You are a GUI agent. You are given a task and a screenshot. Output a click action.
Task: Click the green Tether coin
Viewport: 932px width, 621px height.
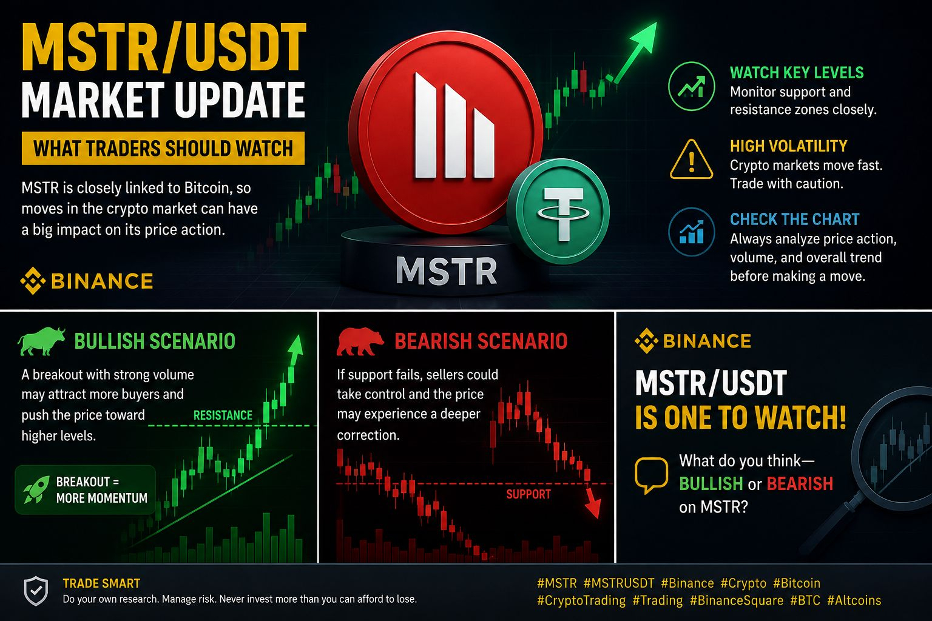coord(558,211)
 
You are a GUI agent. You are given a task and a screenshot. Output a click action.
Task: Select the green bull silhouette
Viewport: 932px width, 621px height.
coord(41,341)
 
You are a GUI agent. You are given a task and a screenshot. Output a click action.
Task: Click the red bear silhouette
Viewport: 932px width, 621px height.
coord(359,341)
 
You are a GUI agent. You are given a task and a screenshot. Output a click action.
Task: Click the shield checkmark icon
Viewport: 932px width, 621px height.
coord(36,591)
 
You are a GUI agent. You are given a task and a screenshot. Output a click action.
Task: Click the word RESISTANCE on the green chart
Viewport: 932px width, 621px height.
coord(223,415)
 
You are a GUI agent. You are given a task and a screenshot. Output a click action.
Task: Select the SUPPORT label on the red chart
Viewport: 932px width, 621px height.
coord(528,494)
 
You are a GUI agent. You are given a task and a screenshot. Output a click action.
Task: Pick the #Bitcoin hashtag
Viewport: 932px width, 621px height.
coord(796,583)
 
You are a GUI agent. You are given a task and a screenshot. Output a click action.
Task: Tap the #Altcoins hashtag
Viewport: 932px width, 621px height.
coord(854,600)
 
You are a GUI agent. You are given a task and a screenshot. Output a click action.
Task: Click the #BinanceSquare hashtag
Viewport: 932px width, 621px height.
coord(737,600)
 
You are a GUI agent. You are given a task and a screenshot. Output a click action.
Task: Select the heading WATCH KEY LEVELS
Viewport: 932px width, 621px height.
coord(797,73)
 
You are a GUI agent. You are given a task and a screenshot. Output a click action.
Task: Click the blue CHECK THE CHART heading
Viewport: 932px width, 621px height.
coord(795,219)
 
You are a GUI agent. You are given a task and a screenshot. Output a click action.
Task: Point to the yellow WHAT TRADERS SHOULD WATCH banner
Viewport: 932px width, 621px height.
coord(163,149)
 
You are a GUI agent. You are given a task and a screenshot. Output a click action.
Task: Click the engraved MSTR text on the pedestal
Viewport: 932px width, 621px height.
coord(447,270)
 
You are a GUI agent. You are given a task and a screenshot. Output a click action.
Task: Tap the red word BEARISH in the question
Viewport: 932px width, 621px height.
coord(800,484)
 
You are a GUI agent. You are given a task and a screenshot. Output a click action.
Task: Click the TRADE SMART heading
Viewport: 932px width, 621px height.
coord(101,583)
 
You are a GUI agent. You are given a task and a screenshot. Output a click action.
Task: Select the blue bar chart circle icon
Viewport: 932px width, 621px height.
coord(692,232)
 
